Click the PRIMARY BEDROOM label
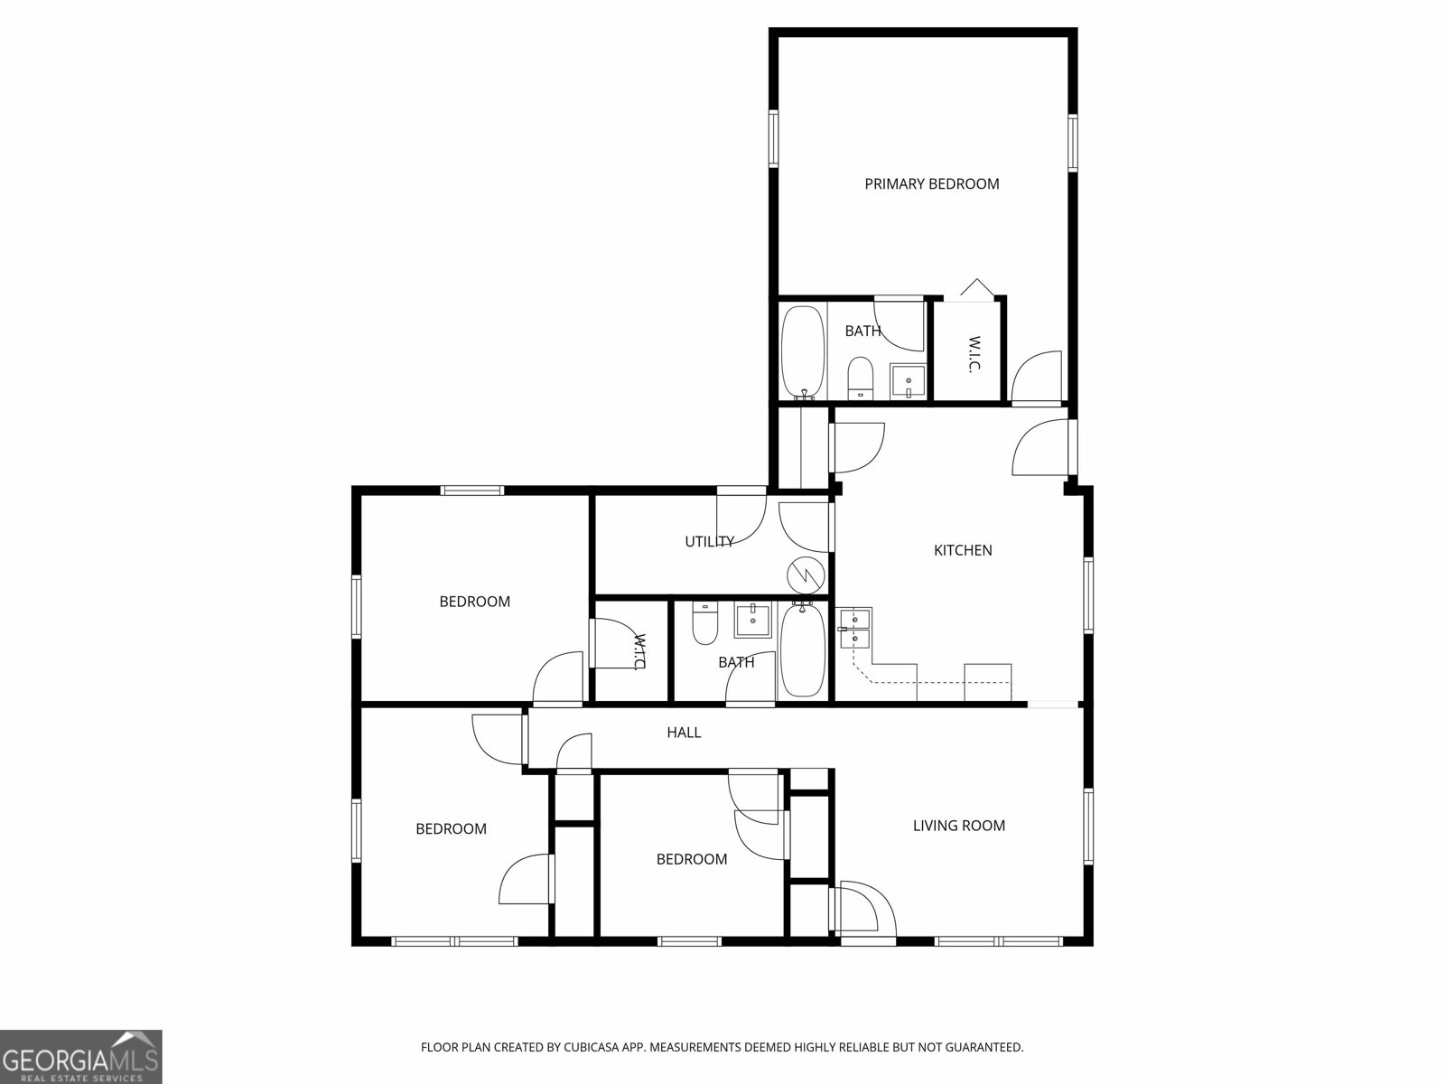(x=931, y=184)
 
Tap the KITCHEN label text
(x=962, y=550)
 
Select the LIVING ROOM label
(x=958, y=826)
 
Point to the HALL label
(x=684, y=733)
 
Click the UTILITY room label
(x=709, y=542)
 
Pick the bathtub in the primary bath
(x=802, y=352)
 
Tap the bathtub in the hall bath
(x=800, y=651)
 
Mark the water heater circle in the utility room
(x=804, y=574)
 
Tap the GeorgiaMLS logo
(x=81, y=1056)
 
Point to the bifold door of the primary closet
(x=974, y=289)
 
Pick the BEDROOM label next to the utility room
(x=474, y=602)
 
